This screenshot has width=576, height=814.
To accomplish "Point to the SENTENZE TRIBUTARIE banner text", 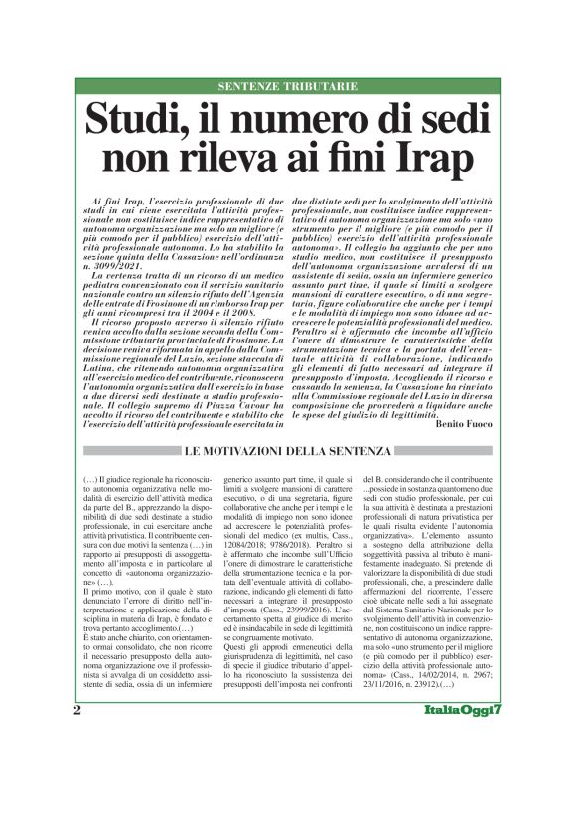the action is (x=287, y=87).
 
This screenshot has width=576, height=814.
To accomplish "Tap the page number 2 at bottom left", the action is (x=78, y=765).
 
